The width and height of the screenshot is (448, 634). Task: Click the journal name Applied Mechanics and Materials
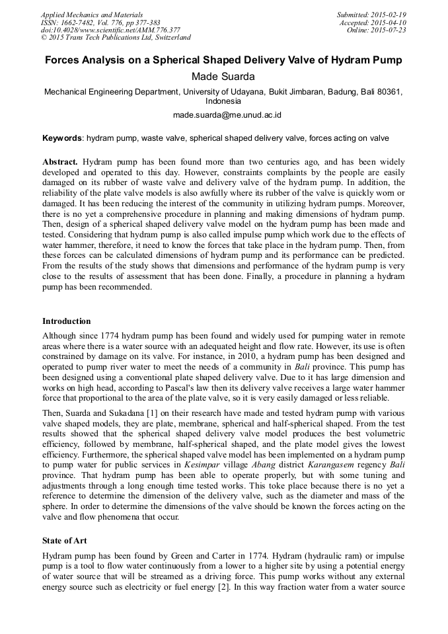pos(91,15)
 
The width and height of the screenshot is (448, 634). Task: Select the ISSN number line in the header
pos(100,22)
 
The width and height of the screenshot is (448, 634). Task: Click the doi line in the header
pos(110,30)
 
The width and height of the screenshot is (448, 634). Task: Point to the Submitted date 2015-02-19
pos(371,15)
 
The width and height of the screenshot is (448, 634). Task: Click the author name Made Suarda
pos(223,77)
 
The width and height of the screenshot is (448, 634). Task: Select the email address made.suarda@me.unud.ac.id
pos(223,115)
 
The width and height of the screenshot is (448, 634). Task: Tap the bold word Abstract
pos(61,162)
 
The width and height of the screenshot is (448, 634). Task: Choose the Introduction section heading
pos(67,321)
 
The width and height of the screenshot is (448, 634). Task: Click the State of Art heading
pos(64,541)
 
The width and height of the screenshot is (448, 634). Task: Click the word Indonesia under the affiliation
pos(223,102)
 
